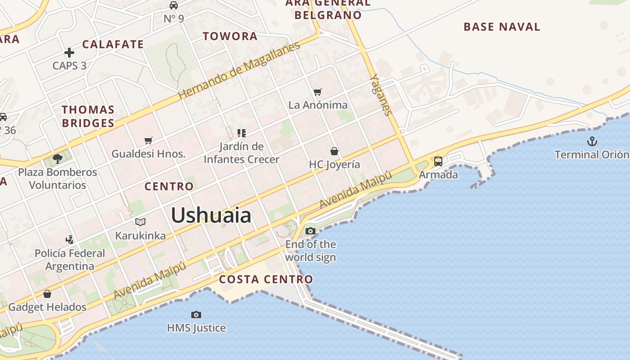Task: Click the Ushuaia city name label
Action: point(211,216)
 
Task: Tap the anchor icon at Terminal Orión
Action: point(592,142)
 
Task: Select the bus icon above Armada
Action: point(438,161)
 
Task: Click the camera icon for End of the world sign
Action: point(310,231)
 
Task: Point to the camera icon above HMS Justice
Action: point(196,315)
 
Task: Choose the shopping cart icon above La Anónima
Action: point(318,92)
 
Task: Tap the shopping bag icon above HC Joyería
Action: point(334,151)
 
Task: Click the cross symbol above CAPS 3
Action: point(69,53)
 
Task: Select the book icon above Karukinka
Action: point(140,222)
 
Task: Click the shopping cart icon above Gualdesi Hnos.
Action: point(148,140)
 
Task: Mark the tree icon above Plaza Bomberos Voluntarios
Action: point(58,158)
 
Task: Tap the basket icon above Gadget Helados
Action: point(47,294)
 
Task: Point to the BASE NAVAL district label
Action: point(502,27)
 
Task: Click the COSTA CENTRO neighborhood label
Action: point(266,279)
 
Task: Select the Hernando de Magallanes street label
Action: point(238,71)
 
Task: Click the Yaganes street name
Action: point(381,95)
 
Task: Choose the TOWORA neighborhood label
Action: point(230,36)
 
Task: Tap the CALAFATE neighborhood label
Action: point(113,45)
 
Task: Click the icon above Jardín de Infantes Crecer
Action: point(242,133)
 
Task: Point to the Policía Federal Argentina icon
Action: point(69,239)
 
